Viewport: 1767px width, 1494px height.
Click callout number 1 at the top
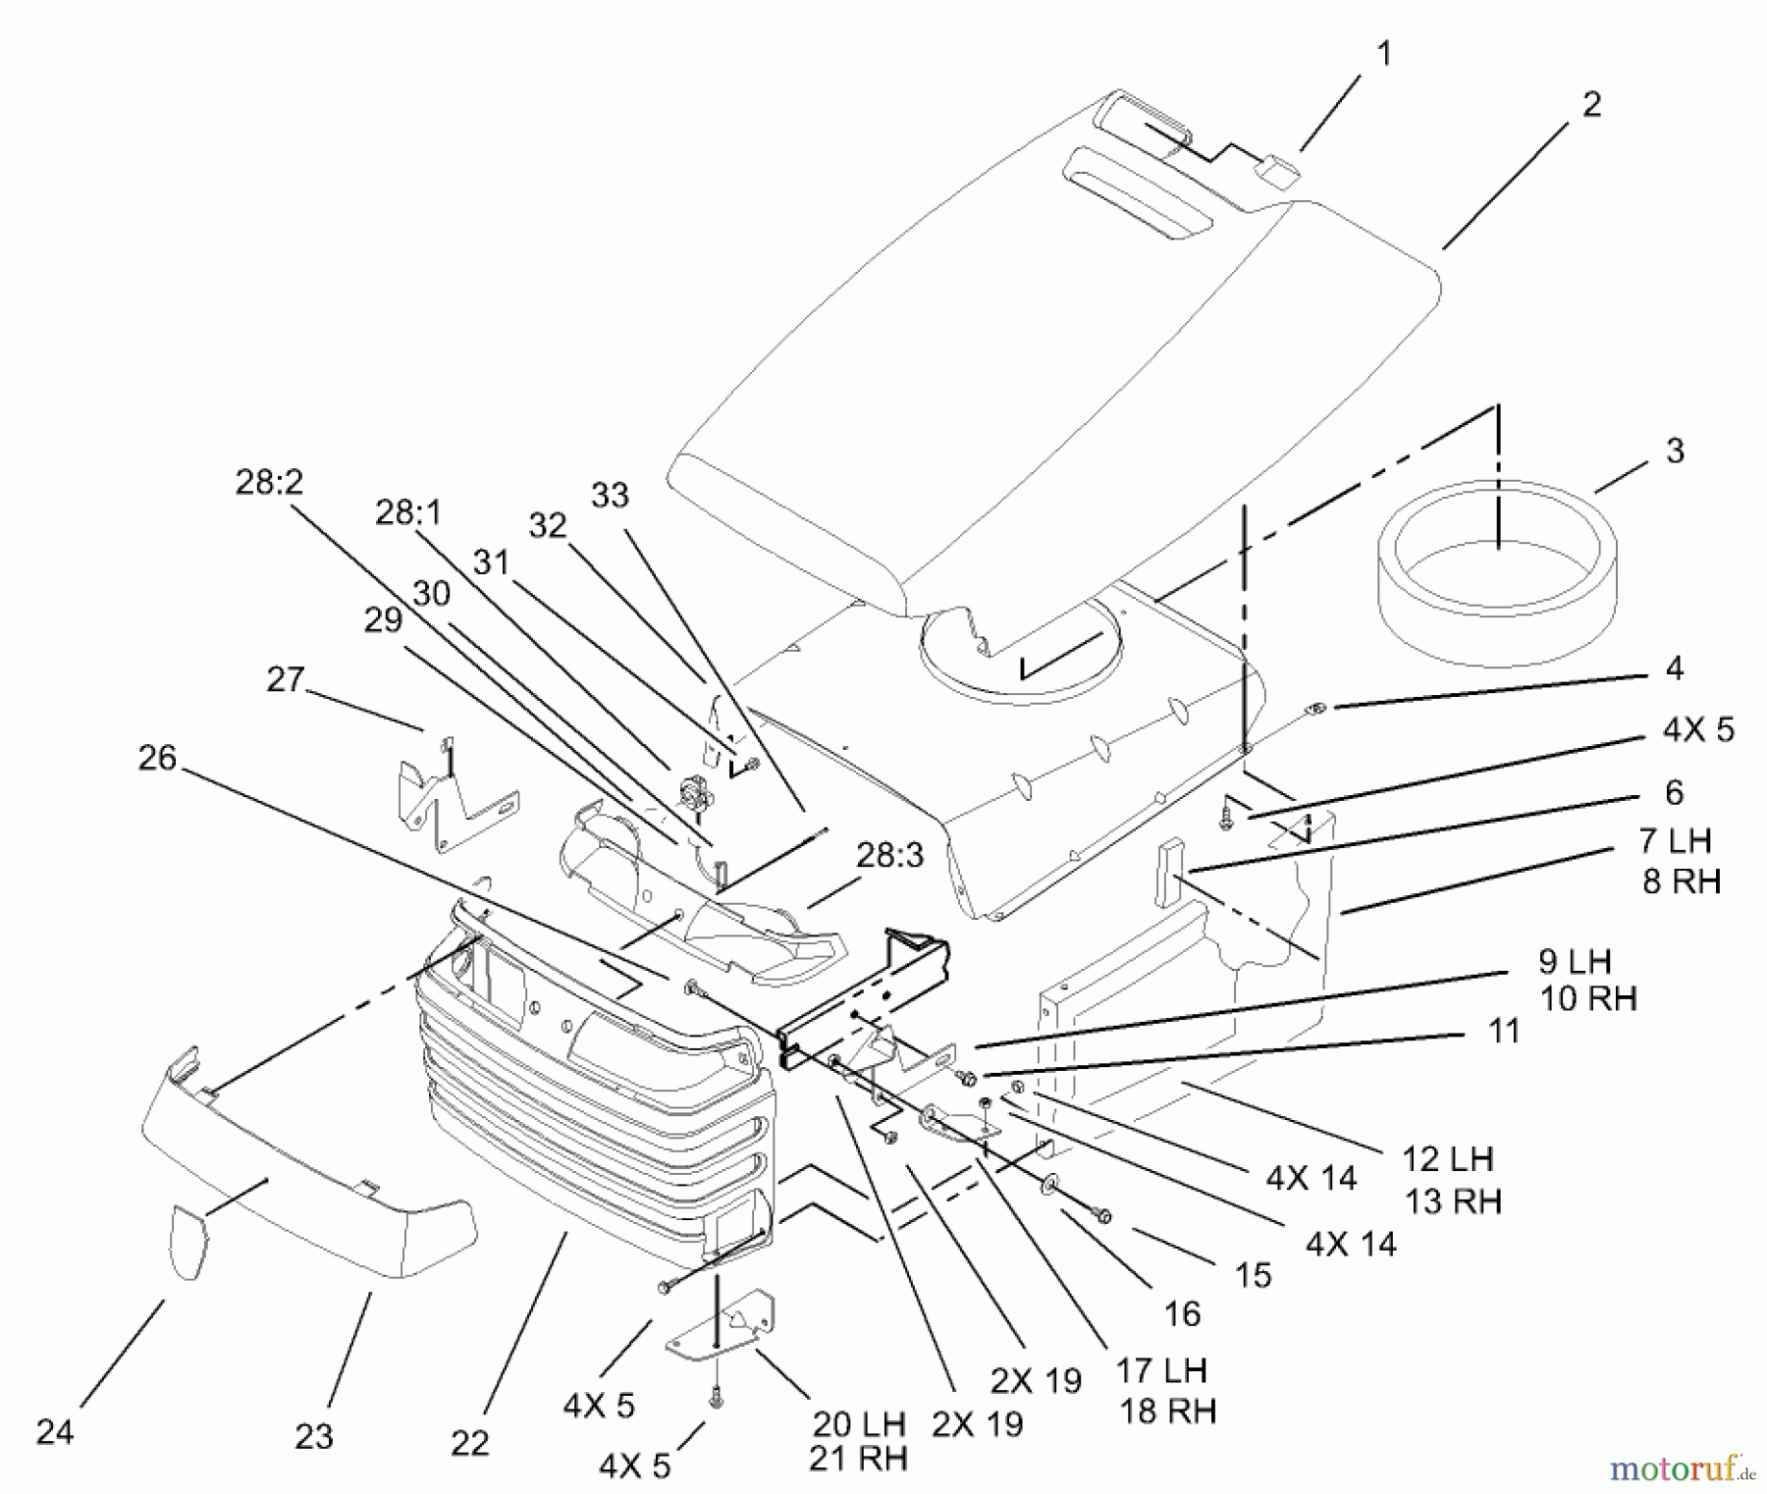click(x=1384, y=54)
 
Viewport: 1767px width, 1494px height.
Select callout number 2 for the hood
click(x=1591, y=105)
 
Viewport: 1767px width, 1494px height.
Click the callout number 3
click(x=1675, y=452)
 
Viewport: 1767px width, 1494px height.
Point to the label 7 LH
click(x=1675, y=841)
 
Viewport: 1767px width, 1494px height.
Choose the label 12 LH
click(x=1448, y=1158)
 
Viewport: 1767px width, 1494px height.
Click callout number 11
click(x=1504, y=1031)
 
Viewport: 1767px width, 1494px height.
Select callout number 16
click(x=1182, y=1313)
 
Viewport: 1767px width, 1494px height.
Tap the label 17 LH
click(x=1160, y=1370)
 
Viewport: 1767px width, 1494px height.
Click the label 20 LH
click(x=857, y=1424)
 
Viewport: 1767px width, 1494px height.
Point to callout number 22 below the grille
click(x=470, y=1442)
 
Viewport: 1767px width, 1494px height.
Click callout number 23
click(x=314, y=1437)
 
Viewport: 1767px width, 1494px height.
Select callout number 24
click(x=55, y=1433)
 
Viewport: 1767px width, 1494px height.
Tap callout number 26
click(x=157, y=758)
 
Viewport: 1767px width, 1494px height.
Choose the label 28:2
click(x=269, y=482)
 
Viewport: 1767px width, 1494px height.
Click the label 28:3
click(x=890, y=855)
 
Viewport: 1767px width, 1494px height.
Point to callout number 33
click(x=610, y=495)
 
